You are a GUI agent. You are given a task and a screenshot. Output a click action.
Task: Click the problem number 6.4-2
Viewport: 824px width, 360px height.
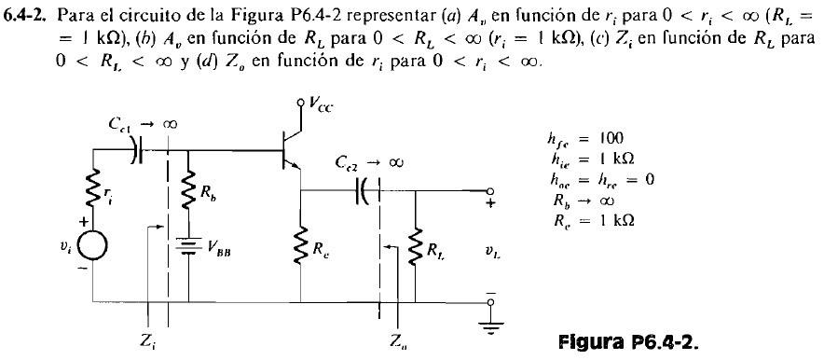[x=28, y=11]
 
